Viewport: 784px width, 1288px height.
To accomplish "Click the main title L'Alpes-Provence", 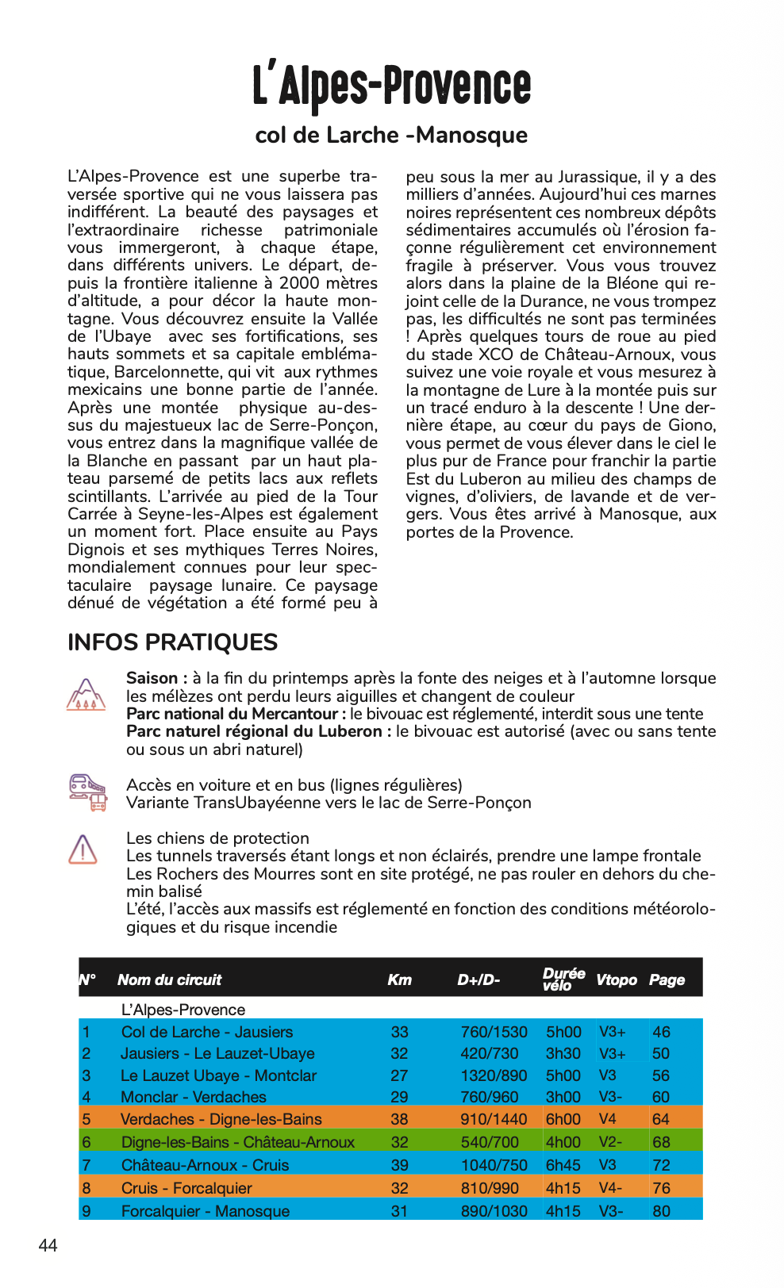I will point(391,86).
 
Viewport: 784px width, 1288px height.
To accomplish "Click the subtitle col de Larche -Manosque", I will point(391,135).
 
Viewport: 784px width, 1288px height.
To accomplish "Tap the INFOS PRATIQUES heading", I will point(172,642).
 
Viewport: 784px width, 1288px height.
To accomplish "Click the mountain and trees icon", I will point(86,694).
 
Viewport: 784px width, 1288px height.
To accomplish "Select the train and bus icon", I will point(86,792).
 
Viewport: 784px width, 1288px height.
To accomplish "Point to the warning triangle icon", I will point(83,849).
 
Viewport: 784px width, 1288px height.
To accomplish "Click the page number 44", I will point(48,1245).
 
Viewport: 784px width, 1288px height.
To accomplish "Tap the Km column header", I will point(399,979).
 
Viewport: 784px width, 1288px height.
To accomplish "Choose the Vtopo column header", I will point(616,979).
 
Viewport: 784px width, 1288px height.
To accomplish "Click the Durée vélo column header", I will point(563,979).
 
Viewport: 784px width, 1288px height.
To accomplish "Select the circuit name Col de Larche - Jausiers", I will point(206,1032).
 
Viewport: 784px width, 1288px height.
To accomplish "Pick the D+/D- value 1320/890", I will point(494,1075).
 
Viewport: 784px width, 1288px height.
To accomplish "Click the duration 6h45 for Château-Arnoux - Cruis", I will point(563,1165).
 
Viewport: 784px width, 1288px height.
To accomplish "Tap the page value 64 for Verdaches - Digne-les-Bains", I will point(660,1119).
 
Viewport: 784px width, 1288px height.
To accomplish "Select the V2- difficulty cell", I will point(610,1142).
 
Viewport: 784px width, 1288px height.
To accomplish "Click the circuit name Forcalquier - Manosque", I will point(205,1211).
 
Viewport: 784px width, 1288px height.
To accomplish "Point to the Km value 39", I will point(399,1165).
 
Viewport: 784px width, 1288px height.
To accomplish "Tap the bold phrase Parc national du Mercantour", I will point(232,714).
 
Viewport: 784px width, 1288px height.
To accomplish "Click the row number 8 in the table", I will point(86,1188).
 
